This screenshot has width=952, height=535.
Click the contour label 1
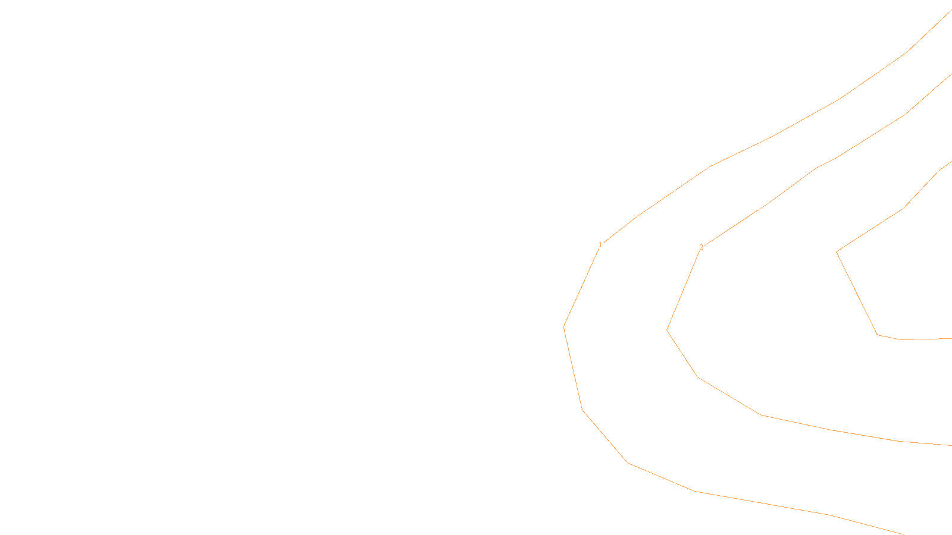click(600, 245)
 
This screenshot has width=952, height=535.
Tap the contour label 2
click(701, 247)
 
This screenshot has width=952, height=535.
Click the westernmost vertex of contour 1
click(564, 326)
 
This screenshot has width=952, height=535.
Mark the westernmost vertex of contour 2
click(667, 330)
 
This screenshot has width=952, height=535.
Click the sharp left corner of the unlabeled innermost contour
click(837, 251)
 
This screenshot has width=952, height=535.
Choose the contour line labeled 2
click(729, 396)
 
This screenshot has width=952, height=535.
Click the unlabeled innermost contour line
click(857, 293)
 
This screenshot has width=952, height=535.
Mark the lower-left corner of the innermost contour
click(878, 335)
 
